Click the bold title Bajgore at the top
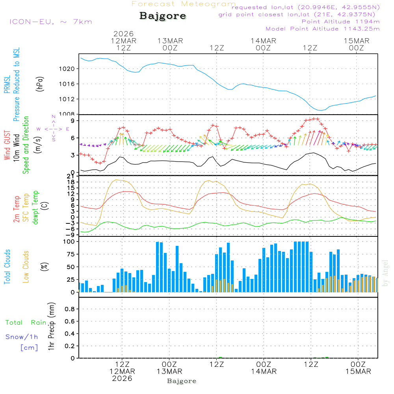[162, 16]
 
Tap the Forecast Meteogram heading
[184, 4]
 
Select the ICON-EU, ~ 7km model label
[50, 22]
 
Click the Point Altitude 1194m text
[340, 22]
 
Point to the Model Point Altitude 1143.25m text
[323, 29]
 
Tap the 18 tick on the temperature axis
[71, 182]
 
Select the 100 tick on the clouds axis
[69, 242]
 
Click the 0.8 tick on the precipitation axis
[70, 309]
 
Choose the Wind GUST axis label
[7, 146]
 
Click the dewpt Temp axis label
[35, 208]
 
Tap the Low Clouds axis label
[26, 266]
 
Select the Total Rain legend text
[26, 323]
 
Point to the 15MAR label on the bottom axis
[357, 372]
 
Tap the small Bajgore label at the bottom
[182, 381]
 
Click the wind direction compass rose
[53, 128]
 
